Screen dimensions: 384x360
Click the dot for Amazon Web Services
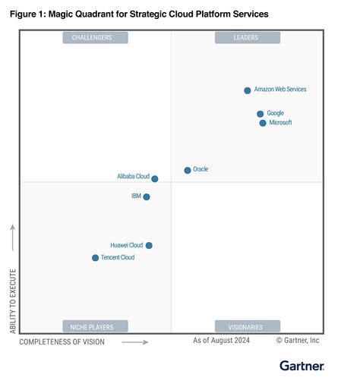248,90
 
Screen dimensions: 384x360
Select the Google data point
261,114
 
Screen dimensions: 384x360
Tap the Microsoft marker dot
263,123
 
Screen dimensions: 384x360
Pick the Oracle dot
188,170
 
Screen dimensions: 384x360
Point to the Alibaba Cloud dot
155,179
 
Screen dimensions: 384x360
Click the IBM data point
147,197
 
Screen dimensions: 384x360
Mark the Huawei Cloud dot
149,245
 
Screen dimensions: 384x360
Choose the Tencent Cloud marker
95,258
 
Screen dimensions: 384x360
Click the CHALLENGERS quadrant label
95,37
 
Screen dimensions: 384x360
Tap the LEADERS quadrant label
248,37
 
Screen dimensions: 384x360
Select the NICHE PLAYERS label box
95,327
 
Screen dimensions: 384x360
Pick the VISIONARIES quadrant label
248,327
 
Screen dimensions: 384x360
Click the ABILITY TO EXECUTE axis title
13,299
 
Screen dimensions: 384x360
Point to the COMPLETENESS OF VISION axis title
62,342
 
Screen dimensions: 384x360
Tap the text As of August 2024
221,341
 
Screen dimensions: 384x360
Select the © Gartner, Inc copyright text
298,341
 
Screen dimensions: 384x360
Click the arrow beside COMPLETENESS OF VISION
135,342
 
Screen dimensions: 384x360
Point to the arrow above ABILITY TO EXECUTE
13,238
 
